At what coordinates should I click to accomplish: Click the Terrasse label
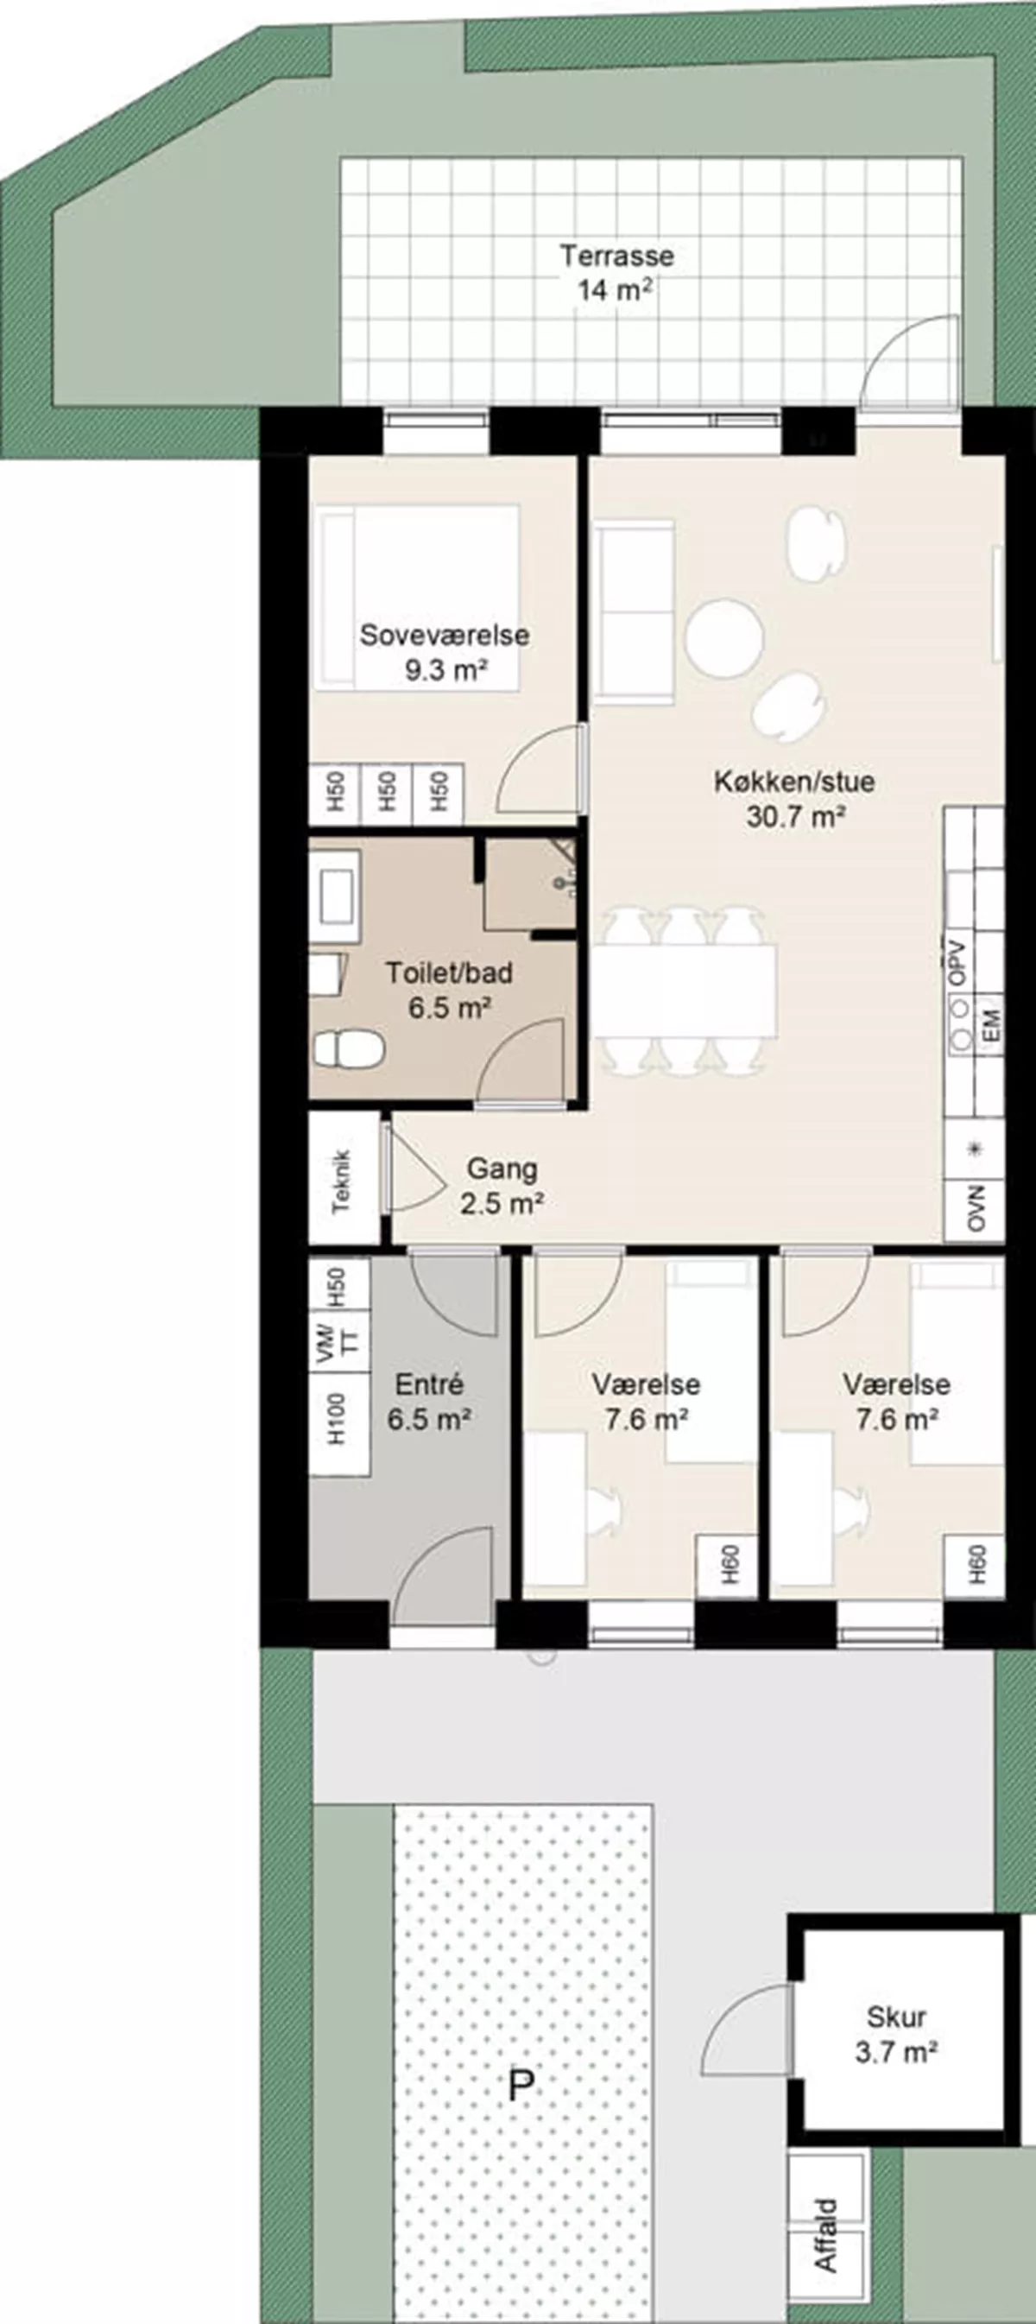tap(616, 256)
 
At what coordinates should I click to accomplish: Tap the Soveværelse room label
tap(445, 635)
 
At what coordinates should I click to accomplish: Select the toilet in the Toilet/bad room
tap(349, 1050)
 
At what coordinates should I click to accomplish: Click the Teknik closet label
tap(342, 1180)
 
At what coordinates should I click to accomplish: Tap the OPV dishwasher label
tap(957, 964)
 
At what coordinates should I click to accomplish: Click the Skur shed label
tap(896, 2017)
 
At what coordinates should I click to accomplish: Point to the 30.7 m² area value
tap(795, 817)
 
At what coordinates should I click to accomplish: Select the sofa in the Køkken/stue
tap(633, 611)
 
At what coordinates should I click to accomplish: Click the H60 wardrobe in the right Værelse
tap(975, 1565)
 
